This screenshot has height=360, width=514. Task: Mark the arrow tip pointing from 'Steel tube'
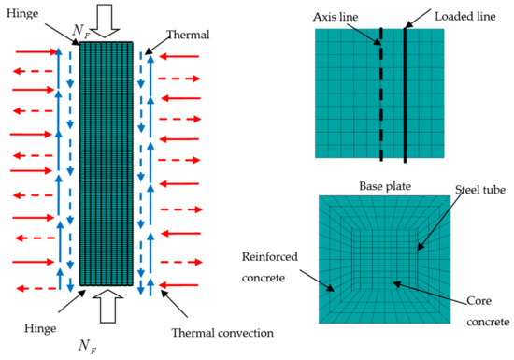[x=416, y=250]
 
